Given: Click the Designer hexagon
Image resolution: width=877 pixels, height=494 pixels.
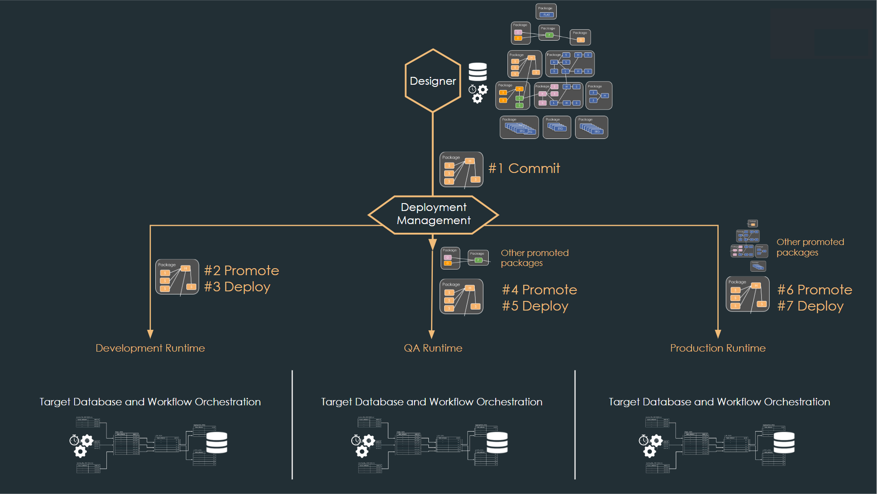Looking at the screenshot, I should pos(433,81).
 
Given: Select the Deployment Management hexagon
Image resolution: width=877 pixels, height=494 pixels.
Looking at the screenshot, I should pos(433,214).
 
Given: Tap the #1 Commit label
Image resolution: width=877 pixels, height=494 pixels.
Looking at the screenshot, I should pos(524,168).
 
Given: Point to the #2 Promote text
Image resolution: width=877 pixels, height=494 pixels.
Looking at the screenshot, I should pos(241,270).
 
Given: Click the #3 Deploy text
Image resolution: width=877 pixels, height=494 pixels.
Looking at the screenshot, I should pos(237,287).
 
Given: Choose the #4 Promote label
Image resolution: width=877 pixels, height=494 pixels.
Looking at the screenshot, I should pos(539,290).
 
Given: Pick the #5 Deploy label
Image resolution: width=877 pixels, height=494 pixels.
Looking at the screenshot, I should pos(535,306).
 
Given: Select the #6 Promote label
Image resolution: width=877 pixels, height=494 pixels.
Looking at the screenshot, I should pos(815,290).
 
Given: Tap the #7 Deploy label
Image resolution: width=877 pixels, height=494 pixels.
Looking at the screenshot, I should pos(810,306).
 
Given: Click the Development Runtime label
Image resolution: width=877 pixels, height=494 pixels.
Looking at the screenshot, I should pos(150,348).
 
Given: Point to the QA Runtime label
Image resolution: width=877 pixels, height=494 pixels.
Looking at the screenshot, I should pos(433,348).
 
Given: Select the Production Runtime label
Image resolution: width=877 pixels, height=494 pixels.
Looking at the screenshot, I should pos(718,348).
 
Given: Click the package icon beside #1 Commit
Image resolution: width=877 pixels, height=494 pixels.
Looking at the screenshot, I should pos(461,169).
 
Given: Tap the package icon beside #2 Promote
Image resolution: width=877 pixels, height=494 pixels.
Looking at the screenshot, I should pos(177,277).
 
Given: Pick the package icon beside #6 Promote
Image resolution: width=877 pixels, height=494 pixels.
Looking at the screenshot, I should pos(747,294).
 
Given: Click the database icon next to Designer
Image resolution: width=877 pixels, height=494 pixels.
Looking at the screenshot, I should pos(478,72).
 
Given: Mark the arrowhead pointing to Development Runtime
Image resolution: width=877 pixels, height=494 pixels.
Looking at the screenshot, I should pos(151,334).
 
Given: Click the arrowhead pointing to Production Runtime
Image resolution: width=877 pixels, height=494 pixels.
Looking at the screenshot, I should pos(718,334).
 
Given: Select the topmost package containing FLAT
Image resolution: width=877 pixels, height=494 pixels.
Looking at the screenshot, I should pos(546,12).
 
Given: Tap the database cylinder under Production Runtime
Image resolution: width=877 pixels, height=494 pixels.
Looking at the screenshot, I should pos(784,442).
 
